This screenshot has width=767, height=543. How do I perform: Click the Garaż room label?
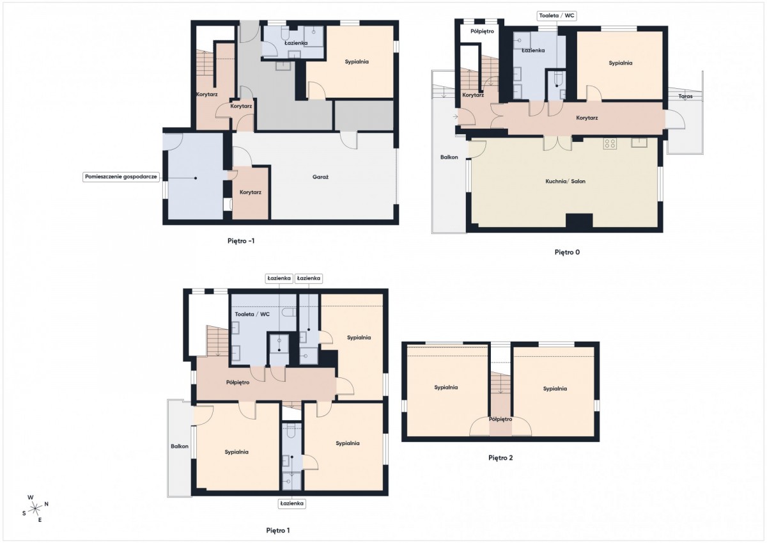tap(320, 177)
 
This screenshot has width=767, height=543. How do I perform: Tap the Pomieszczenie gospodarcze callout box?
tap(121, 177)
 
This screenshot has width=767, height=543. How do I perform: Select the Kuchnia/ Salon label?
tap(565, 181)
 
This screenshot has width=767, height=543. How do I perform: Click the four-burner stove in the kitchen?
tap(610, 143)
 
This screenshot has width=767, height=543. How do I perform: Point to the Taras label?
tap(685, 97)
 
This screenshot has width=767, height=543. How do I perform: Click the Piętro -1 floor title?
tap(241, 241)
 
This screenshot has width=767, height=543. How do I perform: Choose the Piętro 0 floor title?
tap(567, 252)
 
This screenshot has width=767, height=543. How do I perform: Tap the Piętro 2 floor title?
tap(500, 458)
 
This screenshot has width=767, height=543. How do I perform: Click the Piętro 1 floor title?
tap(277, 530)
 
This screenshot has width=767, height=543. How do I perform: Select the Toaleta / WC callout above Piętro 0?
tap(557, 15)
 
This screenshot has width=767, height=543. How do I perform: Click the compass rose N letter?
tap(47, 504)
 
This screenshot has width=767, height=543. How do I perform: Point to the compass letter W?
tap(31, 498)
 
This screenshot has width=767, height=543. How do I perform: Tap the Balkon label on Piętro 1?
tap(180, 446)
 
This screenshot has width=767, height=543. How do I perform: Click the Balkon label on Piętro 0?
tap(449, 157)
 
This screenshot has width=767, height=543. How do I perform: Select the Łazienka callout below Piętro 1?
tap(291, 503)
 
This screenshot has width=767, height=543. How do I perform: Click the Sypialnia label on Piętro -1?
tap(357, 61)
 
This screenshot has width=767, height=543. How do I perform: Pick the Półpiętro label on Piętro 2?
tap(500, 419)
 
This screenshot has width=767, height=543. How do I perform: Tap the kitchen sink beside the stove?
tap(639, 142)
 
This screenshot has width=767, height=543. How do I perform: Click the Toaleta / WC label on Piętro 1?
tap(252, 314)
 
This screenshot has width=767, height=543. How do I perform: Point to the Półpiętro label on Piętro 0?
tap(482, 31)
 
